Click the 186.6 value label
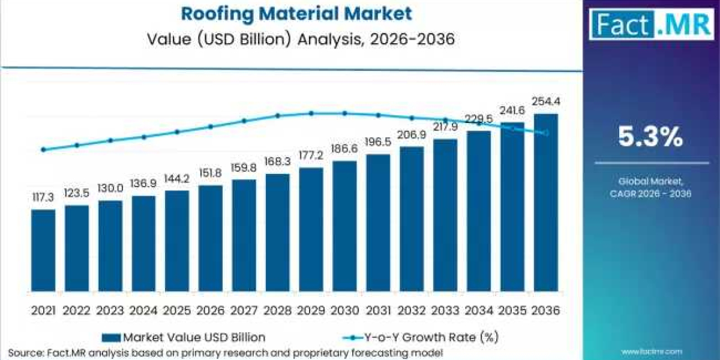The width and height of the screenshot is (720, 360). coord(344,149)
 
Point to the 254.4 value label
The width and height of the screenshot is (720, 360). coord(545,101)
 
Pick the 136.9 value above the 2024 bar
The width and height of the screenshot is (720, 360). coord(143,184)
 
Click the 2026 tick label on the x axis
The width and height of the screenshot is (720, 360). coord(211,311)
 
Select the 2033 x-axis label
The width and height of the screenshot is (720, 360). coord(445,311)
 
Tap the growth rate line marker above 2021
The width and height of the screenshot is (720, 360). coord(43,149)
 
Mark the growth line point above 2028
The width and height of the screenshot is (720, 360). coord(278,116)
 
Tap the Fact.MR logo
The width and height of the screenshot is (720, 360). coord(651,25)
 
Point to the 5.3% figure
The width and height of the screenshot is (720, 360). coord(650,138)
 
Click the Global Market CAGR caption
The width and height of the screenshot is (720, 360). coord(650,187)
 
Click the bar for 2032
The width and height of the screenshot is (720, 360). coord(412,219)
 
